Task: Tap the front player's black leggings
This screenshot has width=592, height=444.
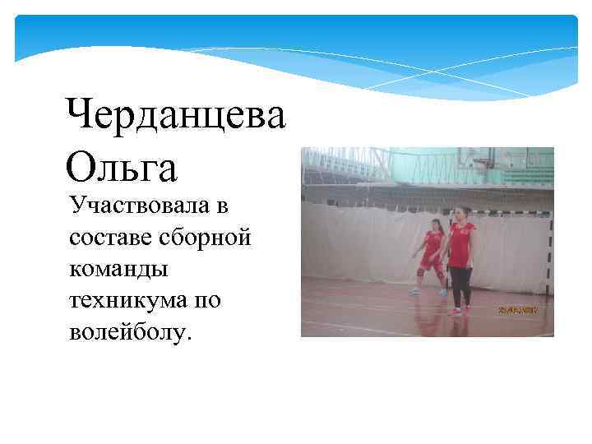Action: pos(460,285)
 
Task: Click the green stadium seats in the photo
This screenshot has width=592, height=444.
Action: pos(526,176)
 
